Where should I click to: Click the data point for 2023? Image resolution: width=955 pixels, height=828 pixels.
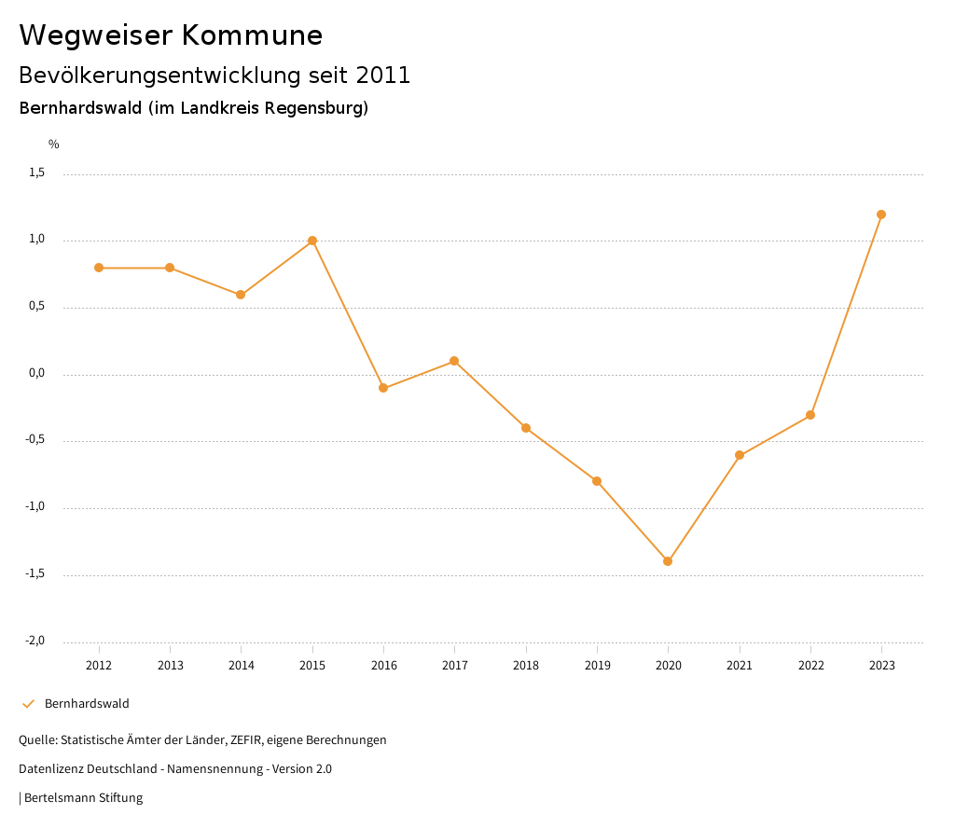tap(881, 214)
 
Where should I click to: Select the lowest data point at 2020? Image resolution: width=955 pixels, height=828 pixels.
tap(668, 561)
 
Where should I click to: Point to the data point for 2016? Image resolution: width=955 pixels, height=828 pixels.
tap(383, 388)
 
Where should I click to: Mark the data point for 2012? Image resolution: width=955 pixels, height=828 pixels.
tap(99, 268)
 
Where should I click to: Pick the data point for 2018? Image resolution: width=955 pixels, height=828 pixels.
tap(526, 428)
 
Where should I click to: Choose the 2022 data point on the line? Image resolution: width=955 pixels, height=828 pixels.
tap(810, 415)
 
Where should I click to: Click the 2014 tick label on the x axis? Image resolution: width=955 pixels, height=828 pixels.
tap(242, 666)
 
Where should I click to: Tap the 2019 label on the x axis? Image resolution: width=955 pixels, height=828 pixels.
tap(597, 666)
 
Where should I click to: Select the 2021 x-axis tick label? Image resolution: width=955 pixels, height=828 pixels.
tap(740, 666)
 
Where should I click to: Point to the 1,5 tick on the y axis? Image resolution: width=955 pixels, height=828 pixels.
tap(36, 172)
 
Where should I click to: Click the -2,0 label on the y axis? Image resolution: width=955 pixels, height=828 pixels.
tap(35, 641)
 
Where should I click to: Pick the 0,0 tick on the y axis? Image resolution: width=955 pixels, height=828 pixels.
tap(36, 373)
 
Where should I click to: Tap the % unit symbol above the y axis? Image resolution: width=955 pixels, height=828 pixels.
tap(54, 145)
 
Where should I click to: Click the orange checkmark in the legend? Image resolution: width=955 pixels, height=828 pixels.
tap(28, 704)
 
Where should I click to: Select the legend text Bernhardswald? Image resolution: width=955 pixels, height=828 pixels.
tap(87, 704)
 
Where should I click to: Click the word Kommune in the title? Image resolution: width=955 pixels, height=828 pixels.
tap(252, 35)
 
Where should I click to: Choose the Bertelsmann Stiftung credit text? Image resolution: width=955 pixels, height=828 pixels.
tap(83, 798)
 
